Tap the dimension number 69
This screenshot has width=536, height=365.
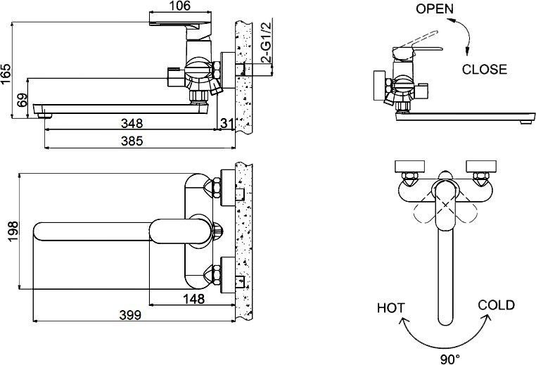click(21, 101)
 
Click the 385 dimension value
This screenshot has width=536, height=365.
click(131, 141)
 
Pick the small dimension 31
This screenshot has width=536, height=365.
click(226, 124)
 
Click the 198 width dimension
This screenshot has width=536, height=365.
click(7, 229)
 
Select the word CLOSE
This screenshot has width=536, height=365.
click(484, 69)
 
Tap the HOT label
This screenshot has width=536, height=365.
click(390, 307)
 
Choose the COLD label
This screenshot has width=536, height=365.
click(496, 305)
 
